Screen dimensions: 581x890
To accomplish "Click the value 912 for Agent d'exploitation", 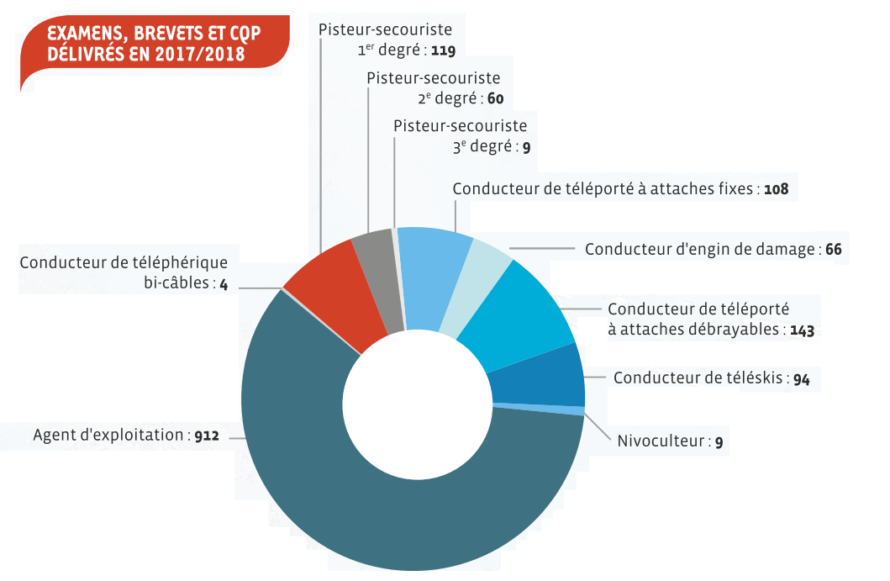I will point(206,436).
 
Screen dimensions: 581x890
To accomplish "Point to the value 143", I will point(802,330).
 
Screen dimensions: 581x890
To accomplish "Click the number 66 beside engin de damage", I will point(833,250).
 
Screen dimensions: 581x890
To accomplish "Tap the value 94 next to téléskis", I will point(801,379).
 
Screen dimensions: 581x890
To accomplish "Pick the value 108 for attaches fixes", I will point(776,189).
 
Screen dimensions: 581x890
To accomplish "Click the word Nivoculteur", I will point(660,441).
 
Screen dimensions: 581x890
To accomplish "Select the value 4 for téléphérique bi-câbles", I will point(224,284).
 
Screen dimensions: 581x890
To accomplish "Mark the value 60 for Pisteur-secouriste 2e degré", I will point(495,99).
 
